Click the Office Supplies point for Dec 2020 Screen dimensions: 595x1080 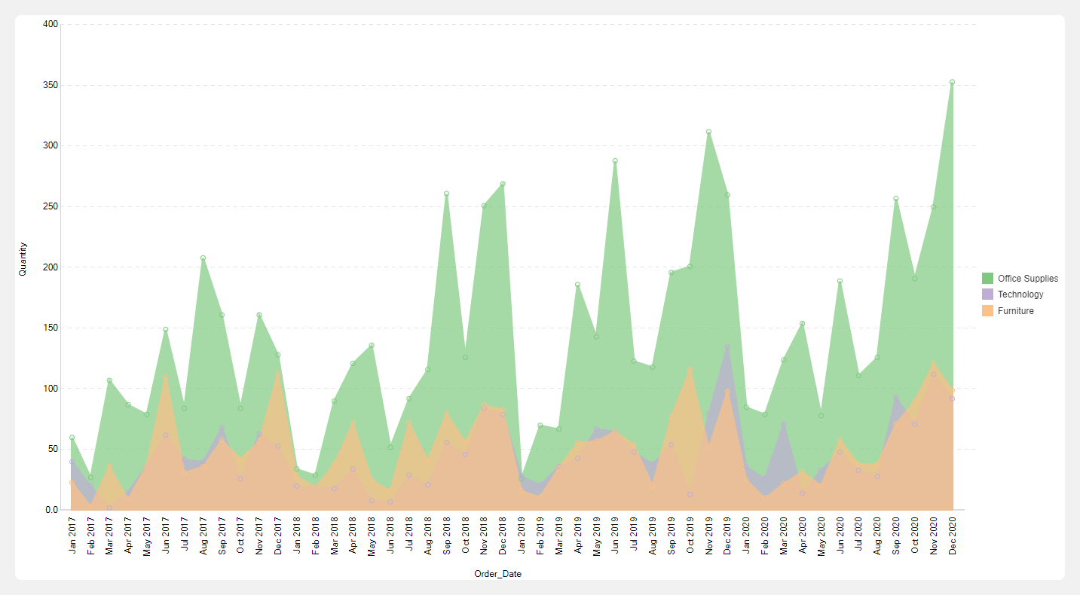pyautogui.click(x=952, y=82)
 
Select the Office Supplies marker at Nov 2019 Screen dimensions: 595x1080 pyautogui.click(x=708, y=132)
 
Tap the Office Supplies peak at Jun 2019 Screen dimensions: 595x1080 pyautogui.click(x=615, y=161)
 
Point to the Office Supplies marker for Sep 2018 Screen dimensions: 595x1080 pyautogui.click(x=446, y=194)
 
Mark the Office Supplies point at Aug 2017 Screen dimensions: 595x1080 pyautogui.click(x=203, y=258)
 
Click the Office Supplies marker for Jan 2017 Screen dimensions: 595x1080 pyautogui.click(x=72, y=438)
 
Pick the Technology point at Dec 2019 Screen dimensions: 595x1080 pyautogui.click(x=727, y=347)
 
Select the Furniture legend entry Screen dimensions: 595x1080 pyautogui.click(x=1015, y=311)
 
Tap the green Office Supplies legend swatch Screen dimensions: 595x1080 pyautogui.click(x=987, y=279)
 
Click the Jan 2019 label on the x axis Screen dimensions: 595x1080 pyautogui.click(x=522, y=536)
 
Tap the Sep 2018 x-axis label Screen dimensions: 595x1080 pyautogui.click(x=446, y=536)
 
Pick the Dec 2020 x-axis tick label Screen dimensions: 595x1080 pyautogui.click(x=952, y=536)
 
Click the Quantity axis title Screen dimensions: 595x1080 pyautogui.click(x=23, y=258)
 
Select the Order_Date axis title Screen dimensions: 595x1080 pyautogui.click(x=497, y=574)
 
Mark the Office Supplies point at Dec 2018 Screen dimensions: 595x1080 pyautogui.click(x=503, y=184)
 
